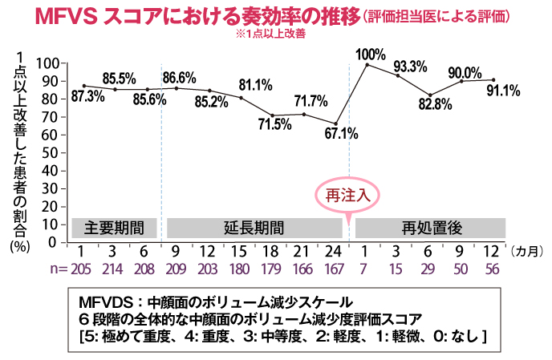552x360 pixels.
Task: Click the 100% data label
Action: (x=371, y=54)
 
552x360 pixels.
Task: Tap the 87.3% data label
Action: (x=87, y=96)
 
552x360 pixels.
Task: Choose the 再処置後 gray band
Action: (x=429, y=226)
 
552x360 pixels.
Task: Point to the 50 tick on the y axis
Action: (x=53, y=152)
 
